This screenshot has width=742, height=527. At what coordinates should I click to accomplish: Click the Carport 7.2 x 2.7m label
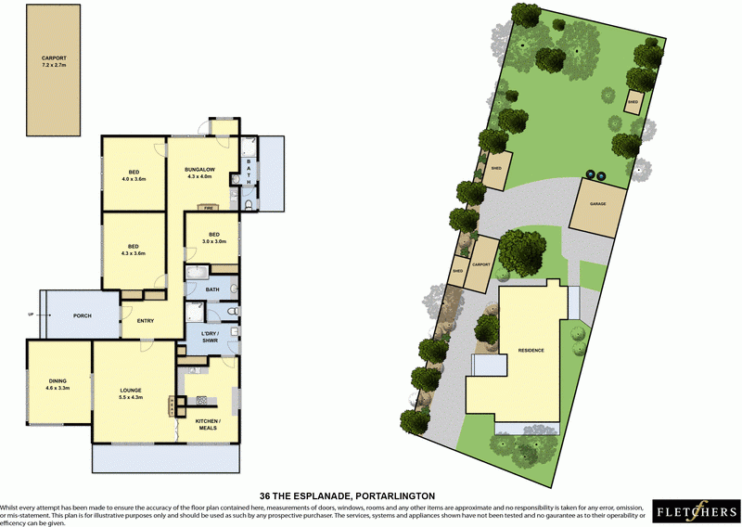click(x=54, y=61)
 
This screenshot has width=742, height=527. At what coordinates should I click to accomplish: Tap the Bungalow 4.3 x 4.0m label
click(x=199, y=174)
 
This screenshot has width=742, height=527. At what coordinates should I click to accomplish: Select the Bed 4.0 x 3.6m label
click(x=134, y=174)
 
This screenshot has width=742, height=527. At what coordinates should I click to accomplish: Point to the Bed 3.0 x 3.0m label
click(x=213, y=238)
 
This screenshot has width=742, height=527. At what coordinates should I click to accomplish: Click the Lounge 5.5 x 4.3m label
click(x=131, y=393)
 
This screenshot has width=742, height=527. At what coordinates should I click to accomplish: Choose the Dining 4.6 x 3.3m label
click(x=58, y=382)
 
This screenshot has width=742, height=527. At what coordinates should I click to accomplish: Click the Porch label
click(x=83, y=315)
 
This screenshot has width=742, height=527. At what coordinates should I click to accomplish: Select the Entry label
click(x=146, y=321)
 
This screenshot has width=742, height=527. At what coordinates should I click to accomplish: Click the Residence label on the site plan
click(x=530, y=350)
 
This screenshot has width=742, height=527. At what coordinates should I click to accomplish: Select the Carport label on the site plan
click(x=480, y=264)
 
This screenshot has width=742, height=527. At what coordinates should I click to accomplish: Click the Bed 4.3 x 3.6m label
click(x=134, y=249)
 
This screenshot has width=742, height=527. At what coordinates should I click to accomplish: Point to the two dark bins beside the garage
click(x=594, y=174)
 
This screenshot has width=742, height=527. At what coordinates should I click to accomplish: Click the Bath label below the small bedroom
click(x=211, y=289)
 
